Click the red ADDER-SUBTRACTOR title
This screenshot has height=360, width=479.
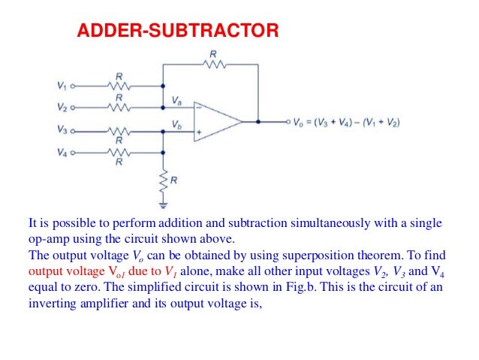point(179,31)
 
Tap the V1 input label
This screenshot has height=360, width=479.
point(61,86)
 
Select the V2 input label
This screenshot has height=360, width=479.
point(61,107)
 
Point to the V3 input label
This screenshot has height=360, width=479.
point(61,129)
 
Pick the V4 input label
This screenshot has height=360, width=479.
point(61,152)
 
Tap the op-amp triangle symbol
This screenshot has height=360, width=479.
point(218,120)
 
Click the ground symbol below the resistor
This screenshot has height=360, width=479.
point(163,204)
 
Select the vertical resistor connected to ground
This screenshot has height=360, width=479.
point(163,180)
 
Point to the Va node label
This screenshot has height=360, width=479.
point(176,99)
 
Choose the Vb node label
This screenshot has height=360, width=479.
point(176,123)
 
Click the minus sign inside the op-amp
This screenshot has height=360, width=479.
point(198,107)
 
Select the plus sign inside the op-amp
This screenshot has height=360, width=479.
point(198,132)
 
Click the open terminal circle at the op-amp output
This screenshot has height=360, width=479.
point(288,120)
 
